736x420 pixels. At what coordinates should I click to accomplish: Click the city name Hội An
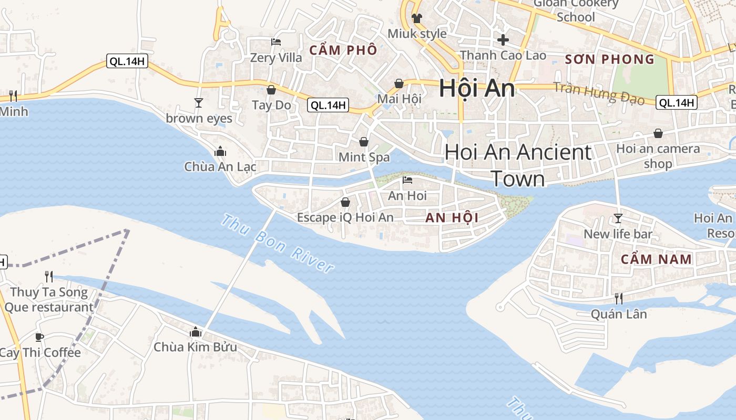(477, 88)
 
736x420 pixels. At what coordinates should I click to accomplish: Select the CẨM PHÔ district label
(343, 50)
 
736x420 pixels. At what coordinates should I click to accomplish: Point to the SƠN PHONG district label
(610, 59)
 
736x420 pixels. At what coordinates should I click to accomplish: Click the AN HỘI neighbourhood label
(452, 218)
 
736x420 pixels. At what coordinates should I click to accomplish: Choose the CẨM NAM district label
(656, 259)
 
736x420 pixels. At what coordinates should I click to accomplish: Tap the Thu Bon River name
(277, 244)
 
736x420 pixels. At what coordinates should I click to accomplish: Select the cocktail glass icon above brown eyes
(199, 102)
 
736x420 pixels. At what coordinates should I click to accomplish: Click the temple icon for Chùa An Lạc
(220, 152)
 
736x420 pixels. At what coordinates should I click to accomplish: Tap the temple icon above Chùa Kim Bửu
(196, 332)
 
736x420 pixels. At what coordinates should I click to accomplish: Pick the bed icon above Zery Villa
(276, 41)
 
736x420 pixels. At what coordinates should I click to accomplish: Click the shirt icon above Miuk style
(417, 18)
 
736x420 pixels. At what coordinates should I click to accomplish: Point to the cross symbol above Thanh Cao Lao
(503, 39)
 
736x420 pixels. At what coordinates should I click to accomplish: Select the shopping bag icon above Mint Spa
(364, 142)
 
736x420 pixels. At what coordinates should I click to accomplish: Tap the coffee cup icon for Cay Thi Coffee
(39, 337)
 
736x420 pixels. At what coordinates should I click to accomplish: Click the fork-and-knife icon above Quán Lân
(619, 299)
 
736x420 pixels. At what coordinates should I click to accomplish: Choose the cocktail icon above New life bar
(618, 218)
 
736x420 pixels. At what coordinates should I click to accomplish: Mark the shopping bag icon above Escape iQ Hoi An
(345, 202)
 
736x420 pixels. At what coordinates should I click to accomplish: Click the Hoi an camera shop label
(658, 156)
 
